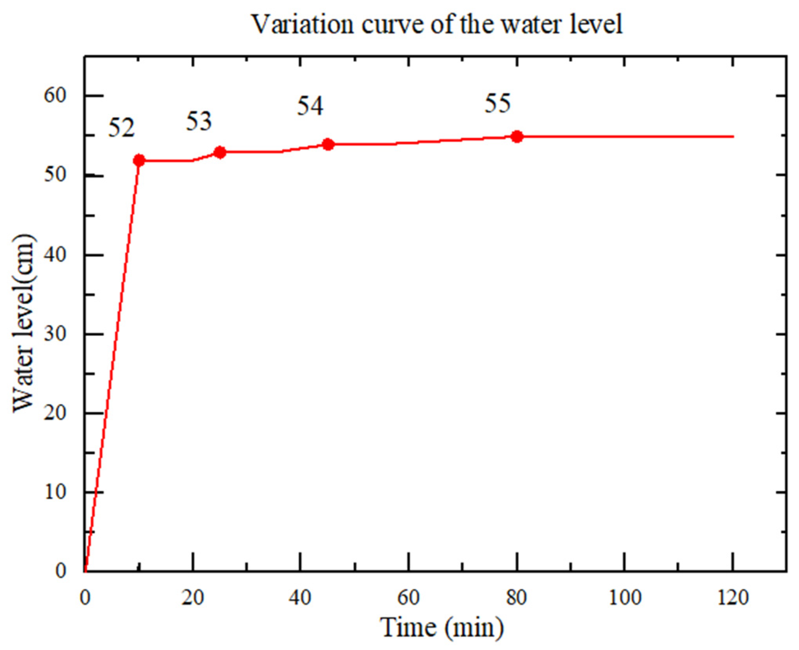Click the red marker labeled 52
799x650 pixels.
click(139, 160)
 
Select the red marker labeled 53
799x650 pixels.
click(220, 152)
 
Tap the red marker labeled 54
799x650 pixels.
click(328, 145)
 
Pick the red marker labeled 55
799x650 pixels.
click(517, 137)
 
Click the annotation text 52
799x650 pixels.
click(121, 128)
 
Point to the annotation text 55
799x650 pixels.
click(498, 104)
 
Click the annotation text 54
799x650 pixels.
click(310, 106)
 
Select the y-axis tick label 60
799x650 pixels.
click(55, 95)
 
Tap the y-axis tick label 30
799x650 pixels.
click(55, 334)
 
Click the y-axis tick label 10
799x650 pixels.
click(55, 492)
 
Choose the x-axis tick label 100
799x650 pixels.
click(625, 598)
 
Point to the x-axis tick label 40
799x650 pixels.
click(300, 598)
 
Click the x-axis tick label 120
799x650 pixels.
click(733, 598)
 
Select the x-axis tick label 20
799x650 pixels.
click(192, 598)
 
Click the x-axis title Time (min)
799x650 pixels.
click(442, 628)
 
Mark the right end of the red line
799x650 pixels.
click(733, 137)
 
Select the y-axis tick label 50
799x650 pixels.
click(55, 175)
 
